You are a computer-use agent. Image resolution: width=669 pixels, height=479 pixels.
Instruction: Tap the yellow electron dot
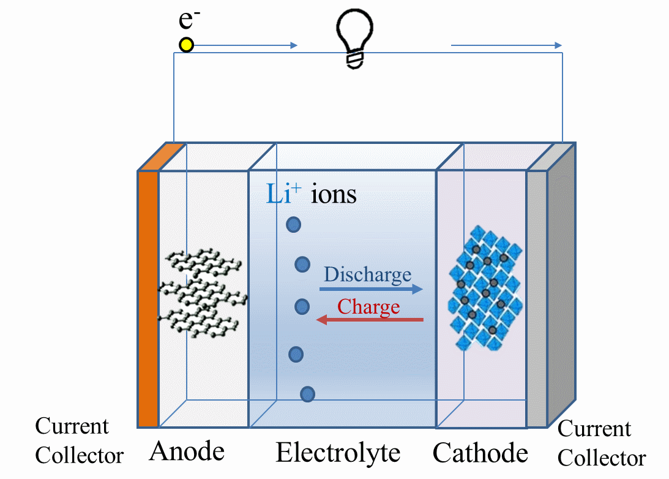pyautogui.click(x=186, y=45)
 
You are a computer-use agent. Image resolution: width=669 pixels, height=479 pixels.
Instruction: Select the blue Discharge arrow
pyautogui.click(x=371, y=289)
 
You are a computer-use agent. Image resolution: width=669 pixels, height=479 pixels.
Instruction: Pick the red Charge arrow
pyautogui.click(x=370, y=320)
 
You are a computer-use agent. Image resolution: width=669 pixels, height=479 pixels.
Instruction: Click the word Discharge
pyautogui.click(x=367, y=274)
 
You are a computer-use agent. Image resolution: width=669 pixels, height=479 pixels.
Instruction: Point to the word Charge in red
pyautogui.click(x=368, y=306)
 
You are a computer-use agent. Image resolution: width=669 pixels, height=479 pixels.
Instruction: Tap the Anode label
pyautogui.click(x=187, y=452)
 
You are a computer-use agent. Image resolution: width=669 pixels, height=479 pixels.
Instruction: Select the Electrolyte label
pyautogui.click(x=338, y=453)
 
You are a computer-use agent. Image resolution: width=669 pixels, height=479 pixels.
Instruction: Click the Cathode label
pyautogui.click(x=480, y=453)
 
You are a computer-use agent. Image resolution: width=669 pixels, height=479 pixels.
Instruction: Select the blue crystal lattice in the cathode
pyautogui.click(x=485, y=288)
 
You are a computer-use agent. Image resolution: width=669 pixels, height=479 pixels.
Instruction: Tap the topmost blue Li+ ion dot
pyautogui.click(x=294, y=225)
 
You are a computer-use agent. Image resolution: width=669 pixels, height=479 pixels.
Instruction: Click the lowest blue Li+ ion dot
pyautogui.click(x=307, y=394)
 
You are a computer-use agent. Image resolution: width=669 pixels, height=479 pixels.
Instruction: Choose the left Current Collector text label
pyautogui.click(x=79, y=440)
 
